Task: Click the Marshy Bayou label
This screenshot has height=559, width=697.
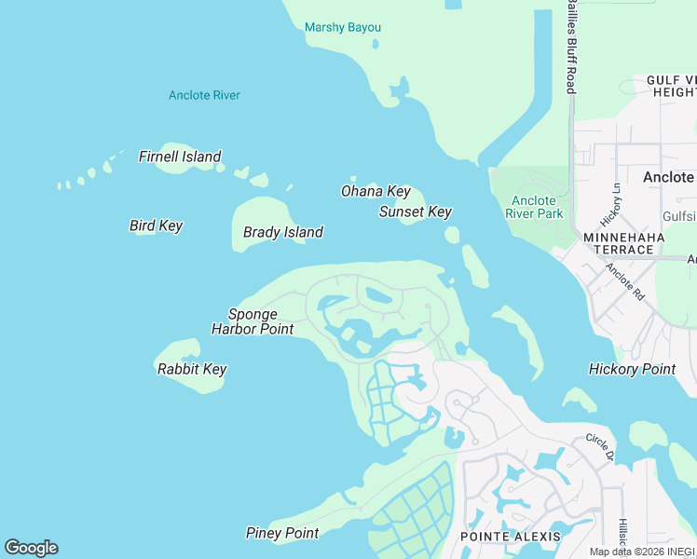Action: [x=343, y=27]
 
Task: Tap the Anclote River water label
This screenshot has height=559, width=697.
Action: [x=204, y=95]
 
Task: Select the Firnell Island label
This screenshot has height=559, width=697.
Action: [x=180, y=157]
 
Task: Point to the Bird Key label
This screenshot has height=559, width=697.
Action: [x=156, y=225]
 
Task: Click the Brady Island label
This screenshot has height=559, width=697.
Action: [x=282, y=232]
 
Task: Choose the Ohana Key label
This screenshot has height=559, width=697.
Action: [x=375, y=191]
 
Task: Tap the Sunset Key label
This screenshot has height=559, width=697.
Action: [x=415, y=211]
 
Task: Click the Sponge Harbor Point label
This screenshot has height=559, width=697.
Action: [x=253, y=321]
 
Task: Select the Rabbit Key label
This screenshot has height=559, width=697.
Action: [x=192, y=369]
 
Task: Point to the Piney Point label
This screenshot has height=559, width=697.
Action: [x=281, y=533]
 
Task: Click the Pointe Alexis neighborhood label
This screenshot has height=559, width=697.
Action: [x=511, y=537]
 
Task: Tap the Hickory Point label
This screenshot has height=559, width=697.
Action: [x=632, y=369]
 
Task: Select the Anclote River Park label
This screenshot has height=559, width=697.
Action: [x=534, y=207]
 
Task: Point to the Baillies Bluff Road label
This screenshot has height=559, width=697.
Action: [x=571, y=47]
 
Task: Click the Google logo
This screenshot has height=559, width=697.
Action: [x=31, y=548]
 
